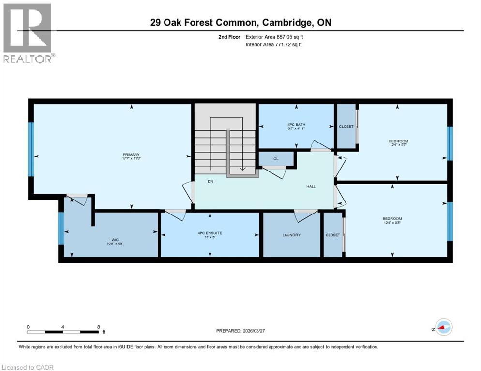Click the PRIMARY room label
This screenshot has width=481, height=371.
131,155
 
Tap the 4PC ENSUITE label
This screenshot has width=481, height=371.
210,233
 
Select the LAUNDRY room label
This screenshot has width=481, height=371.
291,235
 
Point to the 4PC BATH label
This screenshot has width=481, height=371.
296,124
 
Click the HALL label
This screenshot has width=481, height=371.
311,186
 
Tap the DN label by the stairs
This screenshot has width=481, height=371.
210,181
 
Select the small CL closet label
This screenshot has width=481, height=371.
276,158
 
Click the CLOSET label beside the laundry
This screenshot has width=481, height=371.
332,235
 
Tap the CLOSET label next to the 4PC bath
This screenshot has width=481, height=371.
346,127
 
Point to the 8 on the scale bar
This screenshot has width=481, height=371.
99,327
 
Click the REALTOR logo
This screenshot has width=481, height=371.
28,33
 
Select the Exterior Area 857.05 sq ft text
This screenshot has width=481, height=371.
274,37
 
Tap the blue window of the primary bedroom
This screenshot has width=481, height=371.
31,149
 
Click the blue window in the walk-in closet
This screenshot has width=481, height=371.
61,228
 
